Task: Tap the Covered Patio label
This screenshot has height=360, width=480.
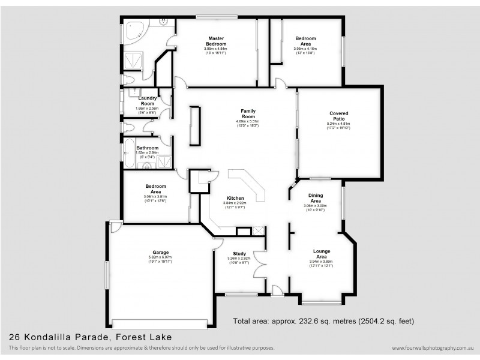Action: tap(338, 116)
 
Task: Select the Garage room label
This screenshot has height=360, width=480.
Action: tap(160, 252)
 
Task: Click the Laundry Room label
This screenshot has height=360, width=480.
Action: tap(148, 101)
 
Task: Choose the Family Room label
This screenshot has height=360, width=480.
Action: tap(248, 113)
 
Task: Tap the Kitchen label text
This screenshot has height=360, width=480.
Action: tap(235, 198)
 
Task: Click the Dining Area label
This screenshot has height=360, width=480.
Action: tap(316, 198)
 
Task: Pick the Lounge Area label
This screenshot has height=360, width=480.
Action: tap(320, 253)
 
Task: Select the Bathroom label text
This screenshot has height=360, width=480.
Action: tap(147, 148)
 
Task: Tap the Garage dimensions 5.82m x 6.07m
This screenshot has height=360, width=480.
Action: tap(160, 259)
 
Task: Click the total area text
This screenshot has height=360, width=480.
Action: tap(323, 320)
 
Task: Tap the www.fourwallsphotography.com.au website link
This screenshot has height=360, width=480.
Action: tap(433, 348)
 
